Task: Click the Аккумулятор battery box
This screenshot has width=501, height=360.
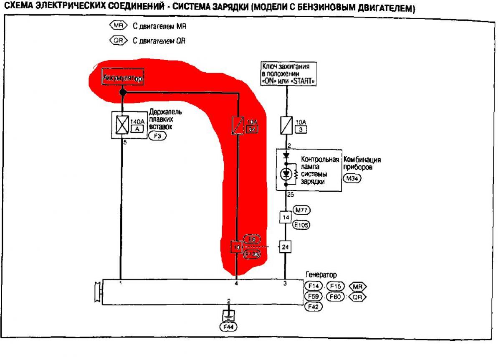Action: (123, 78)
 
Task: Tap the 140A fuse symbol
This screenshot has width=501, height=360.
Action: (122, 124)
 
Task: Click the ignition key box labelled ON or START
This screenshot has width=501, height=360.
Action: (287, 74)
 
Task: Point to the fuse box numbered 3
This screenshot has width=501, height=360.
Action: (300, 129)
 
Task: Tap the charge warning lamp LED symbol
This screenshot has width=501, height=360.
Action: (286, 173)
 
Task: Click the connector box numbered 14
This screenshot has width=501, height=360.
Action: (286, 218)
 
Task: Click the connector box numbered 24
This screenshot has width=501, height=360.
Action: (286, 247)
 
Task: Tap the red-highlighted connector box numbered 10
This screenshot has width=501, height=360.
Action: (237, 247)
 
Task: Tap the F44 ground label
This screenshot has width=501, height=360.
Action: (228, 327)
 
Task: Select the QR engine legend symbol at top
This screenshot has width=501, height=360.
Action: (116, 41)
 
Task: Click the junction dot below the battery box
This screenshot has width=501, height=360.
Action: (122, 92)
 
